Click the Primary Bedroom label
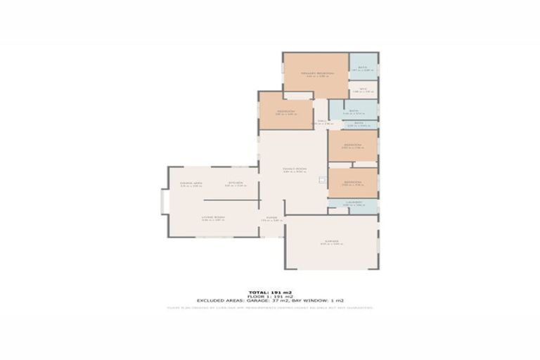tap(316, 73)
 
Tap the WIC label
tap(363, 89)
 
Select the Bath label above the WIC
tap(364, 66)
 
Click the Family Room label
tap(295, 169)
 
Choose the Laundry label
tap(353, 202)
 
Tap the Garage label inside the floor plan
tap(330, 241)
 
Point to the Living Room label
tap(214, 218)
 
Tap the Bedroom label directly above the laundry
tap(353, 181)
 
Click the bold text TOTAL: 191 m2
tap(270, 292)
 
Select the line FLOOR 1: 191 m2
tap(270, 296)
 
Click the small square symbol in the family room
tap(321, 180)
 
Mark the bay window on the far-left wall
tap(165, 203)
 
